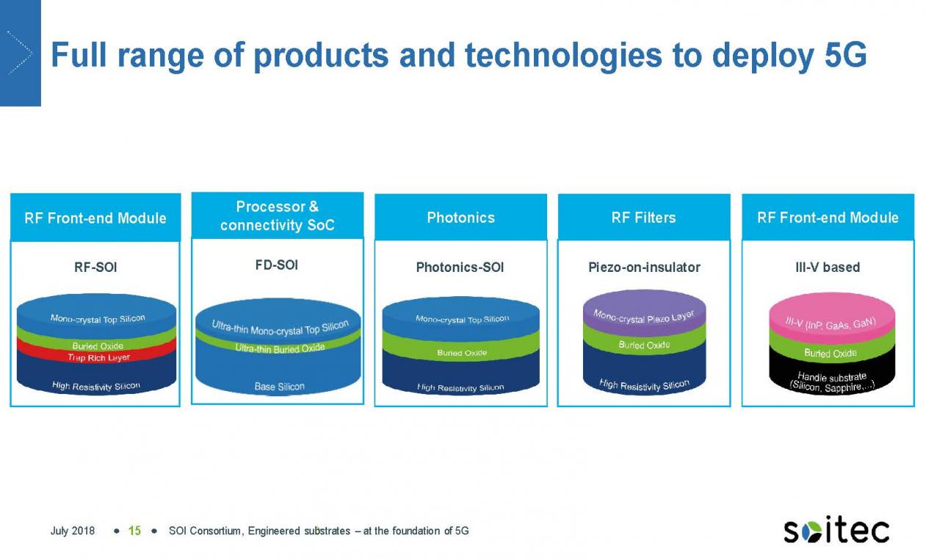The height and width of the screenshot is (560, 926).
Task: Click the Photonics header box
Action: point(460,217)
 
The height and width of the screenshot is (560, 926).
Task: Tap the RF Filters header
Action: point(644,217)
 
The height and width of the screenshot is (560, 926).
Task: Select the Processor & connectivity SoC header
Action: point(278,215)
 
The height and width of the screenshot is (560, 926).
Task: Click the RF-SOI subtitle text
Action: point(95,268)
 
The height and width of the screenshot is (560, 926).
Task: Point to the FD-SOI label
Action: point(277,265)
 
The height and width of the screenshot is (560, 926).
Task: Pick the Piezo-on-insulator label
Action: point(644,268)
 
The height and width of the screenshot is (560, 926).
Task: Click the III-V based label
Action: point(828,268)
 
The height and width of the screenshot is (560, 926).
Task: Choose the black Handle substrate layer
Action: point(832,374)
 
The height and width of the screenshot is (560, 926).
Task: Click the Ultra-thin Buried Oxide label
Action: point(280,348)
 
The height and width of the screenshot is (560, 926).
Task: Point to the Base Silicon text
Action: point(280,387)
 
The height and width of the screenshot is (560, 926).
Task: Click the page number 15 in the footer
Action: point(135,531)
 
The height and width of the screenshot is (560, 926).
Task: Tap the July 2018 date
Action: point(73,531)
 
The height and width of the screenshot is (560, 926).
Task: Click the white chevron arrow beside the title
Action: point(20,53)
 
